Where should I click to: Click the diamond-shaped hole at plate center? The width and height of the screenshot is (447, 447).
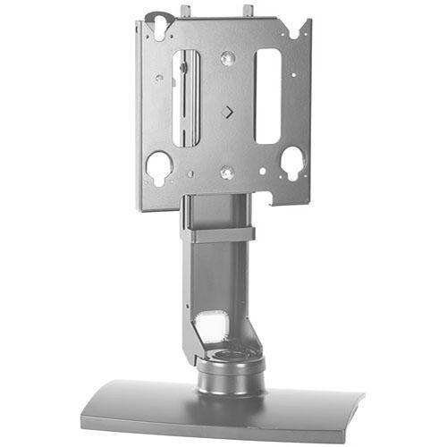pos(226,113)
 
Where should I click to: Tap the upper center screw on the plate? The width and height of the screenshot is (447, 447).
pos(228,58)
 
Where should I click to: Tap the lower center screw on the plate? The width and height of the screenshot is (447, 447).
pos(227,172)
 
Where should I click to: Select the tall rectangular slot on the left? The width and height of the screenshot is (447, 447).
pos(186,98)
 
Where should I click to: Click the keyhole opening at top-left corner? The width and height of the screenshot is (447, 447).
pos(161,28)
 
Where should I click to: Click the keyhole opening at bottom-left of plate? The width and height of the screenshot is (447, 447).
pos(159,166)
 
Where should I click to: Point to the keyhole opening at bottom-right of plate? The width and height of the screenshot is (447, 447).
pos(291,162)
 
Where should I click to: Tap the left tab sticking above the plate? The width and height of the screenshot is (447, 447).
pos(185,12)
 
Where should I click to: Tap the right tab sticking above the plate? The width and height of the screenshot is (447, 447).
pos(248,11)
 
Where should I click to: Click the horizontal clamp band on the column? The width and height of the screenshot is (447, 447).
pos(217,235)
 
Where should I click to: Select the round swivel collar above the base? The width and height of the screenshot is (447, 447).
pos(231,371)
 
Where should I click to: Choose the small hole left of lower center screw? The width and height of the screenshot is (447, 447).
pos(190,173)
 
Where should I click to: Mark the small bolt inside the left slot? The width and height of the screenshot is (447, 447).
pos(182,67)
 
